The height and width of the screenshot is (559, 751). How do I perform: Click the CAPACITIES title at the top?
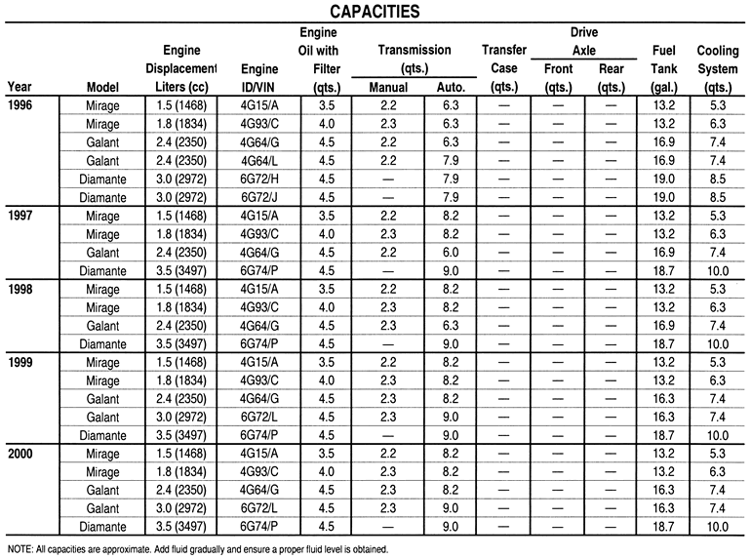click(375, 12)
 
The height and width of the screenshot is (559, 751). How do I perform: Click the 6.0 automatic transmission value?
click(451, 251)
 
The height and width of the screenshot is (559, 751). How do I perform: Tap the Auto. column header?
click(451, 87)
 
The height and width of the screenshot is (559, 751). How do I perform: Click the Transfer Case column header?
click(498, 60)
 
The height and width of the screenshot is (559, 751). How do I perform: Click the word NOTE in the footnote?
click(20, 549)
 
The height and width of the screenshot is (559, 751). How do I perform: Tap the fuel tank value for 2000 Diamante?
click(663, 527)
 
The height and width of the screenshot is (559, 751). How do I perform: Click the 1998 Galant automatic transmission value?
click(451, 325)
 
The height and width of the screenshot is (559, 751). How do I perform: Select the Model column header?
click(102, 87)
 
